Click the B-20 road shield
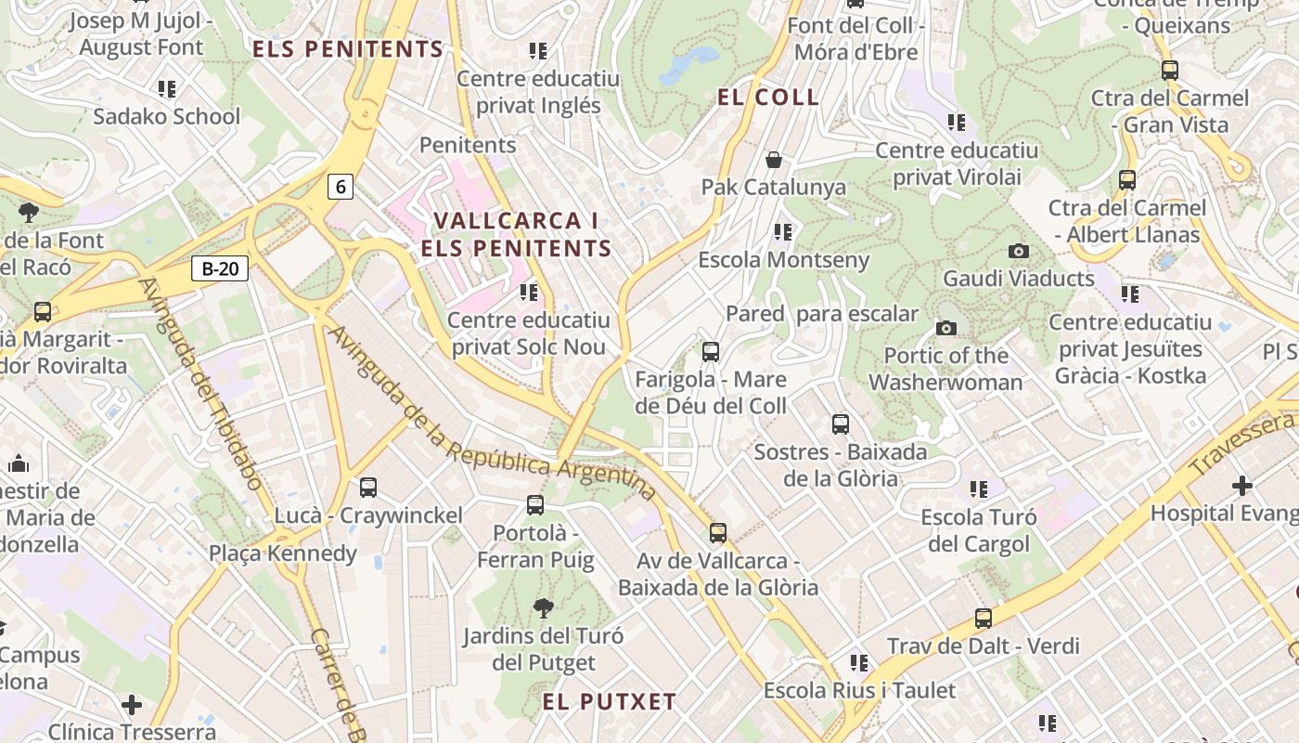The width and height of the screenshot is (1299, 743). [x=220, y=269]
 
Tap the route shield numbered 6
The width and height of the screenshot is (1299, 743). [x=341, y=187]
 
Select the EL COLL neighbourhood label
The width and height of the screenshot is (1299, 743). [x=768, y=98]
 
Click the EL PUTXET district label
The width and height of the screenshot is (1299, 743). [x=610, y=701]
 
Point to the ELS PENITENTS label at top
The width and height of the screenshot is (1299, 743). [x=348, y=49]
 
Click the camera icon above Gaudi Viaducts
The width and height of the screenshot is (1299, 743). [x=1018, y=251]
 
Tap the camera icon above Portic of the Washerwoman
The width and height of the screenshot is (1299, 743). [x=946, y=328]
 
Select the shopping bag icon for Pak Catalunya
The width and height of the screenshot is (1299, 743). [x=774, y=160]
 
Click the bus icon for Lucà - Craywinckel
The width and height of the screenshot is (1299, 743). [x=368, y=487]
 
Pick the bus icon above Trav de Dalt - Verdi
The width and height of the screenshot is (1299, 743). [x=983, y=618]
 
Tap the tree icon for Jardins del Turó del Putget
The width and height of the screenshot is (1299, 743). [x=544, y=608]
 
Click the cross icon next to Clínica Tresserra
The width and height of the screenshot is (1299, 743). [x=132, y=705]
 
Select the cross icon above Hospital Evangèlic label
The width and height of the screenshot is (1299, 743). [x=1241, y=485]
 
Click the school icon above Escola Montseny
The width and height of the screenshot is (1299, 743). [x=783, y=231]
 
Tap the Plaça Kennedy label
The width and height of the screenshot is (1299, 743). [x=282, y=554]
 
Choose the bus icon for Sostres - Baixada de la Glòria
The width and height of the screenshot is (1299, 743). [x=840, y=424]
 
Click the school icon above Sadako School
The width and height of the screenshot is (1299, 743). [x=167, y=89]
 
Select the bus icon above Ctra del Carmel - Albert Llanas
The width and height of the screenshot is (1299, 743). [x=1126, y=179]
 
